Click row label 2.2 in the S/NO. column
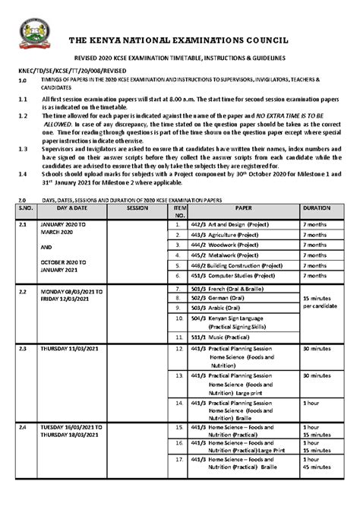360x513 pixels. coord(23,291)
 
